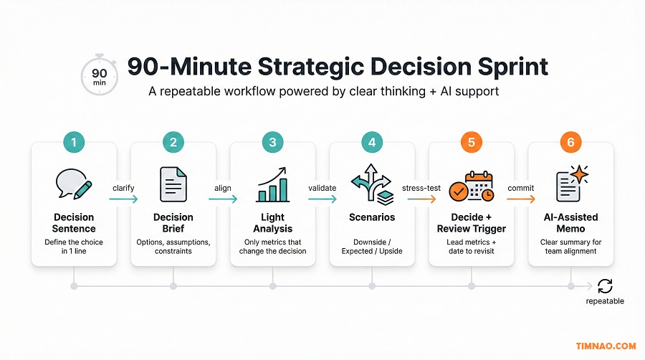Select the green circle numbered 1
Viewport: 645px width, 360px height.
coord(74,142)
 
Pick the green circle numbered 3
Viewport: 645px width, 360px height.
coord(272,142)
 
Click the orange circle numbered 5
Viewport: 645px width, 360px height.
coord(471,142)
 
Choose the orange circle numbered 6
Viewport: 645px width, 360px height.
coord(570,142)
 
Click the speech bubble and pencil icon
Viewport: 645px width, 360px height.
coord(74,184)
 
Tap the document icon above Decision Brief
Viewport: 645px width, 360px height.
coord(173,184)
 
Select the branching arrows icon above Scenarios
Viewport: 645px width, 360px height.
coord(371,184)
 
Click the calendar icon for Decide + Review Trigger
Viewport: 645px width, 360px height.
coord(471,185)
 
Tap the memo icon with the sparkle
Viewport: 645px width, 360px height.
coord(570,184)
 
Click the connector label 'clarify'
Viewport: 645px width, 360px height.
coord(123,188)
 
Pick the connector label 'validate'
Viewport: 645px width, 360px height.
coord(322,188)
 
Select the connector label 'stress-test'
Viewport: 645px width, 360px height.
coord(421,189)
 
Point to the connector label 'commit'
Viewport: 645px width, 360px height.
coord(520,188)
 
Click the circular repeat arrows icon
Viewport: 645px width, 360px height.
coord(605,286)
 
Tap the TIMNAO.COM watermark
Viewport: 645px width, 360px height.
coord(606,346)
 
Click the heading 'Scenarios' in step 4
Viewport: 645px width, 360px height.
coord(371,217)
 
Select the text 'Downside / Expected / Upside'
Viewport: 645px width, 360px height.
coord(371,246)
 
